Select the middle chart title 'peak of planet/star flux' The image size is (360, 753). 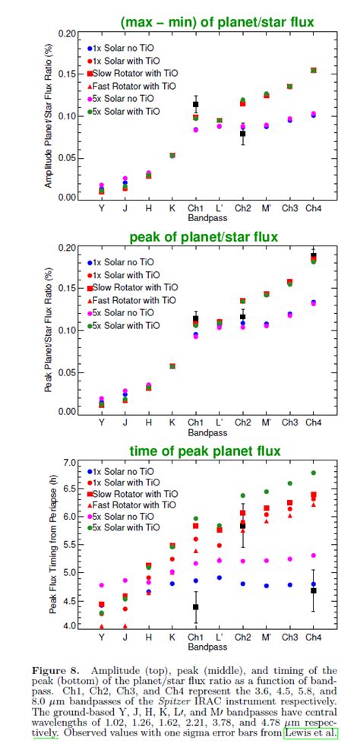point(204,237)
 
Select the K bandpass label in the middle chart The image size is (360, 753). point(172,421)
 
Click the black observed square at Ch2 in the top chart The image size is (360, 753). point(243,134)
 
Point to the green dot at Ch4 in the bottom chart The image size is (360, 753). point(313,473)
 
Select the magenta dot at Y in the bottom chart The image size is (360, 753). point(102,586)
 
